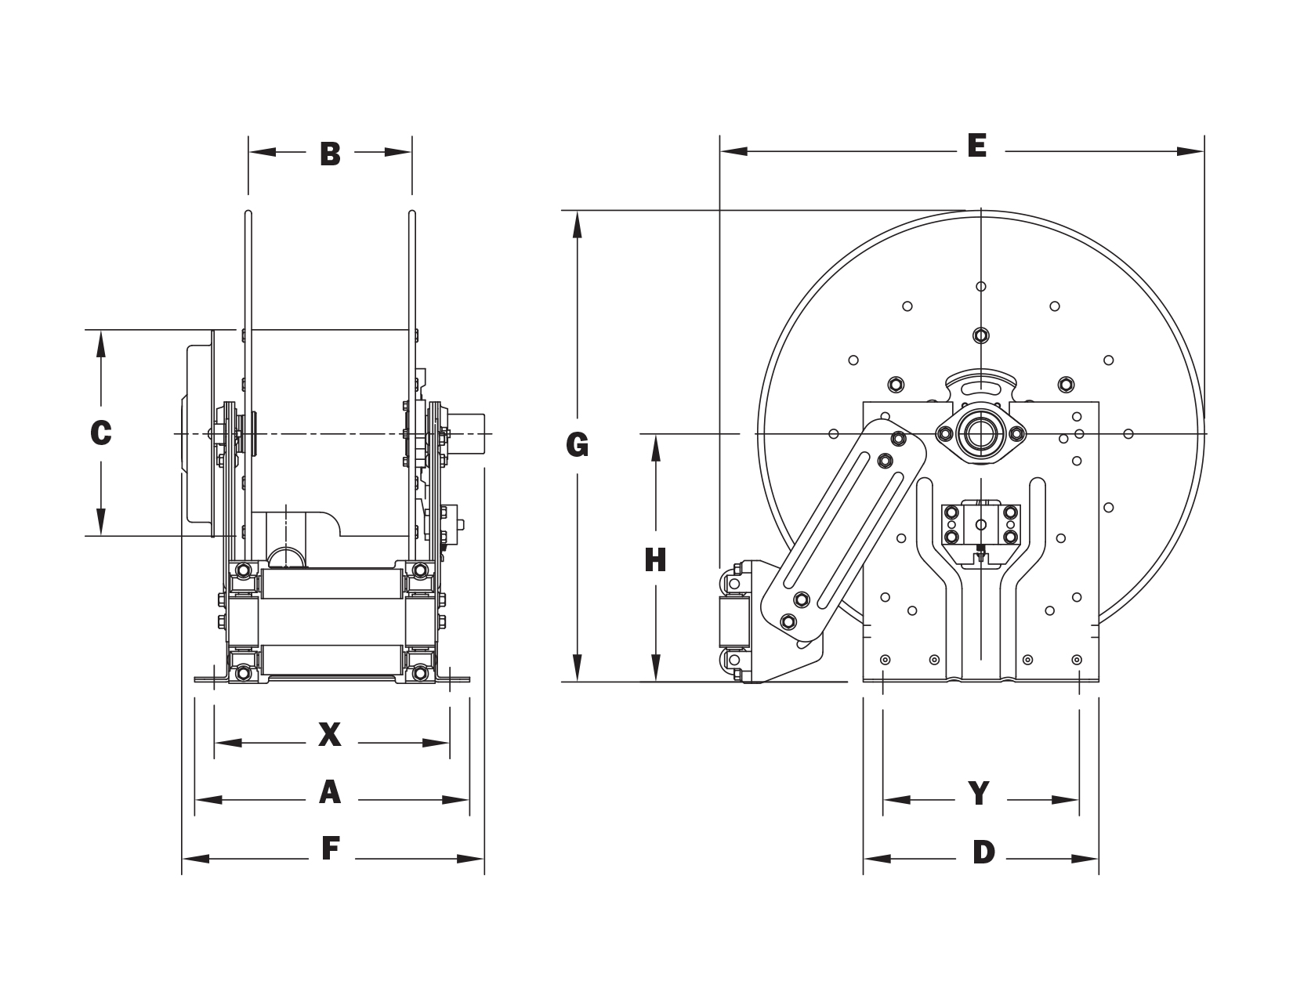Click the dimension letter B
point(330,154)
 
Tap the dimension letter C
point(101,433)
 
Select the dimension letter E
point(977,146)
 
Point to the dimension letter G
point(578,445)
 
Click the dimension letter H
point(655,560)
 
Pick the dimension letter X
point(330,734)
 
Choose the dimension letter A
point(330,792)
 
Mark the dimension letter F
point(330,849)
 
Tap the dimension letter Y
point(979,793)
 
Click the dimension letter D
point(983,852)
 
